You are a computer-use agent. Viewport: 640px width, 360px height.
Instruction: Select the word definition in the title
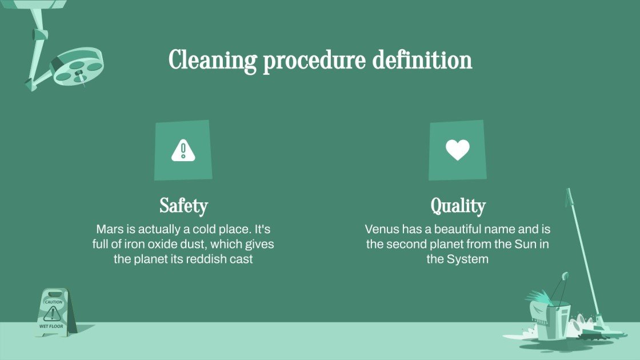422,60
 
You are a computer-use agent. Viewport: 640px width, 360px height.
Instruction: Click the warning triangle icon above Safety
183,150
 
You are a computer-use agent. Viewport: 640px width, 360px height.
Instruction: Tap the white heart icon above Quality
457,150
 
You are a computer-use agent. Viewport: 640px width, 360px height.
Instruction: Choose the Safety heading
183,206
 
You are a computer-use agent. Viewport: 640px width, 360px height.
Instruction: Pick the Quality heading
458,206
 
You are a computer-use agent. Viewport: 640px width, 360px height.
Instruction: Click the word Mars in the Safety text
109,230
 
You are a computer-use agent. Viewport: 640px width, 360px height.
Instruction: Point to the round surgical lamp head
78,66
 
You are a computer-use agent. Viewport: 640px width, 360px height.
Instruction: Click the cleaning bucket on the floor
549,321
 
